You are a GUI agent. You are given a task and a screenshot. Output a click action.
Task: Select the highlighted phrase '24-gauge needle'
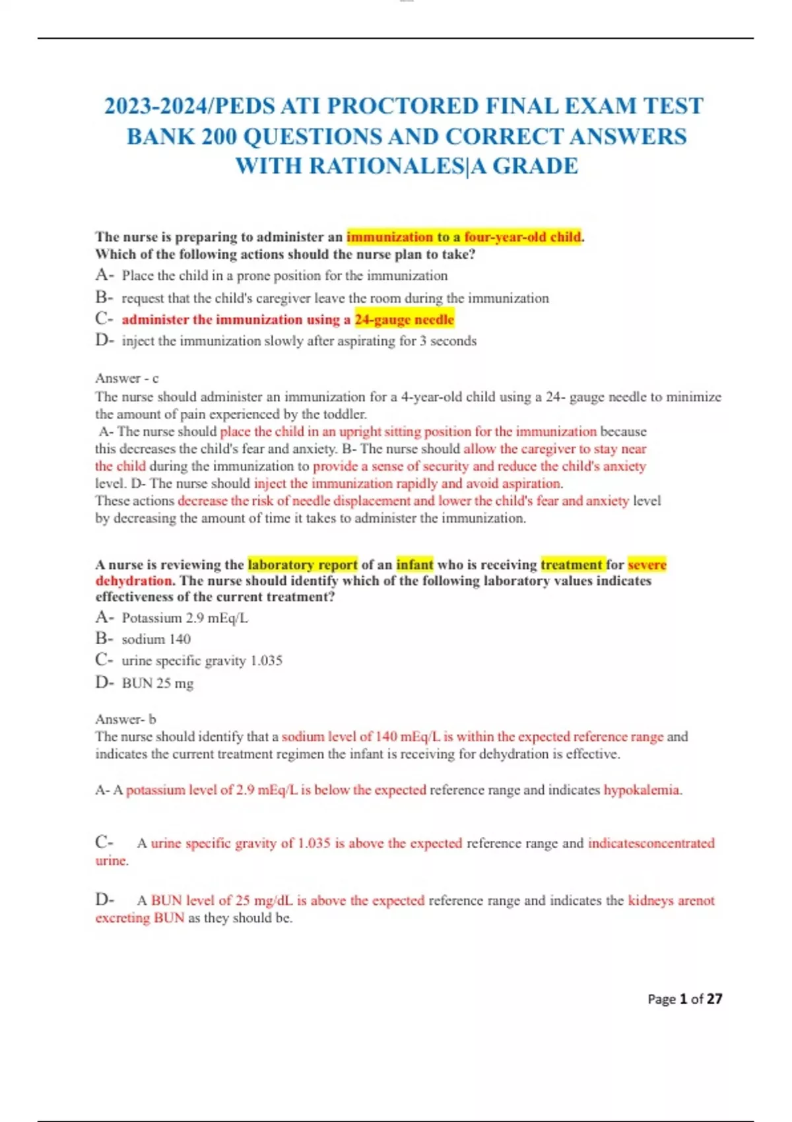coord(404,319)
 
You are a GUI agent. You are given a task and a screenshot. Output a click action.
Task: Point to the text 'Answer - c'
coord(127,378)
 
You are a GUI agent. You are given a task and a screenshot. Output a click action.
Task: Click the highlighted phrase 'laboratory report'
coord(302,564)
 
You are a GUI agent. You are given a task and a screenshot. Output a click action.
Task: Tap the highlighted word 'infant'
coord(414,564)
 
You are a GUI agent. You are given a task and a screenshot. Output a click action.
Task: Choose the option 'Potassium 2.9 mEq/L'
coord(185,618)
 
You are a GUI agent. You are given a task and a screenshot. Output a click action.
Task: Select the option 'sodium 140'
coord(156,639)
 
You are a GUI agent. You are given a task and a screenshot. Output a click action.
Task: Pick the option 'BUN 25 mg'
coord(157,683)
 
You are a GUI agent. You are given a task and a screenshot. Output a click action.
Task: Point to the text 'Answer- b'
coord(125,719)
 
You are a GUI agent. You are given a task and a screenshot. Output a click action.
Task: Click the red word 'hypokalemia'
coord(641,790)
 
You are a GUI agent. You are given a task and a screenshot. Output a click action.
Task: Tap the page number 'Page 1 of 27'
coord(684,999)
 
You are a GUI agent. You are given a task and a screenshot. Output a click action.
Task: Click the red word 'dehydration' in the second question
coord(133,581)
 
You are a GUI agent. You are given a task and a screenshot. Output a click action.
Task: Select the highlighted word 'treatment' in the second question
coord(572,564)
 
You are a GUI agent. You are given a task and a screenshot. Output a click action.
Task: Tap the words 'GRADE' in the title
coord(535,166)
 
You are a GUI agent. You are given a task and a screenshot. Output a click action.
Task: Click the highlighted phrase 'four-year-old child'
coord(522,237)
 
